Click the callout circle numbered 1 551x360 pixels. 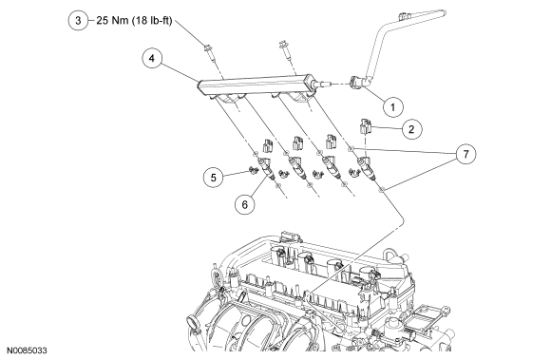(x=392, y=106)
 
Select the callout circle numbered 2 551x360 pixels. (x=411, y=129)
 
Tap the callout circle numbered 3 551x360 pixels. (x=78, y=20)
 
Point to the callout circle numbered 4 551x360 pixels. (x=152, y=58)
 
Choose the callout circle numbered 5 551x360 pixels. (x=214, y=178)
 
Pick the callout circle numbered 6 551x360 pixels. (x=245, y=204)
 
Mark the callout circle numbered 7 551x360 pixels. (x=465, y=154)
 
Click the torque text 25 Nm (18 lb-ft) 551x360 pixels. (x=135, y=21)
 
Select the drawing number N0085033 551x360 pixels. (x=27, y=351)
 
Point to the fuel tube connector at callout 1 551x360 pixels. (x=358, y=83)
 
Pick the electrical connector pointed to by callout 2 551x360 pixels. (x=365, y=126)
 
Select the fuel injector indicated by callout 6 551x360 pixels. (x=266, y=168)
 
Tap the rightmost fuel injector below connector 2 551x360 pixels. (x=366, y=167)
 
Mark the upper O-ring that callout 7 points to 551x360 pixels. (x=350, y=150)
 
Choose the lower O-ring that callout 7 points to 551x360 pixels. (x=381, y=190)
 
